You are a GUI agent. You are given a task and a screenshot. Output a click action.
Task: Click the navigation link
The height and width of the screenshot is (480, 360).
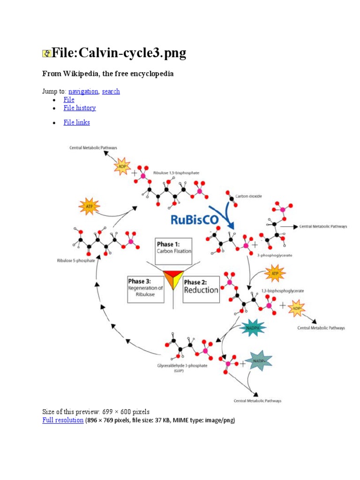tap(83, 91)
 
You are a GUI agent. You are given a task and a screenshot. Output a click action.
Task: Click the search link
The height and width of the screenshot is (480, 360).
tap(111, 91)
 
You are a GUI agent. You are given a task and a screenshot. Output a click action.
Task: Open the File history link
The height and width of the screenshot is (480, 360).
tap(80, 108)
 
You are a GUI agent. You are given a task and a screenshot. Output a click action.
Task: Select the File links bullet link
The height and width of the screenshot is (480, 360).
tap(76, 122)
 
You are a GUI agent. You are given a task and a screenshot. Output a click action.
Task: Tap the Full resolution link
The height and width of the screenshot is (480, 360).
tap(63, 420)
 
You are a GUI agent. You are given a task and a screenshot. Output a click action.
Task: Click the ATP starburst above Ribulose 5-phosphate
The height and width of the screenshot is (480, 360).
tap(89, 206)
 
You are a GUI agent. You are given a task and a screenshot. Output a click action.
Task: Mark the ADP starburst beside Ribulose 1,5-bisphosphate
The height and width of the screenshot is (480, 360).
tap(122, 166)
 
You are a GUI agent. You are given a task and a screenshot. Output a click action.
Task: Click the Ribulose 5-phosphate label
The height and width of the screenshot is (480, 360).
tap(76, 260)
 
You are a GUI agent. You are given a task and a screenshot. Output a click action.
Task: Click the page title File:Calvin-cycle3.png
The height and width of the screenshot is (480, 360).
tap(119, 53)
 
